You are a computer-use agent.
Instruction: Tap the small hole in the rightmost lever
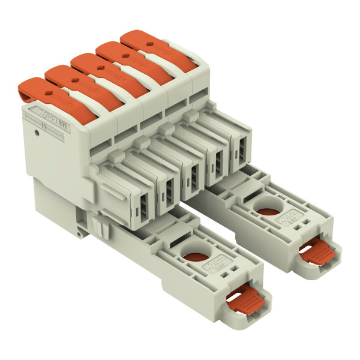148,44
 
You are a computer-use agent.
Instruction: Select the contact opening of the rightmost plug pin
240,151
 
